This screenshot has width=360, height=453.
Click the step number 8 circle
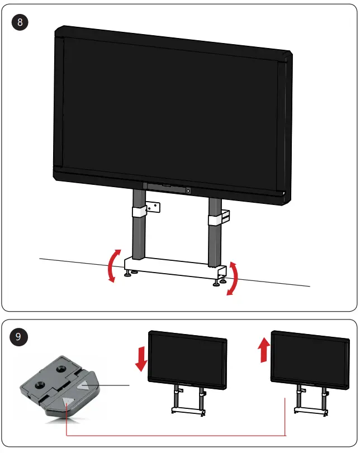point(21,23)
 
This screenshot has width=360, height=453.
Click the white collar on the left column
point(139,212)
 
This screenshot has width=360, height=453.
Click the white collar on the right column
point(215,218)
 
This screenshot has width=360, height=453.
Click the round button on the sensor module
point(188,190)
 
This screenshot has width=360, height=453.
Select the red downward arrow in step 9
point(141,359)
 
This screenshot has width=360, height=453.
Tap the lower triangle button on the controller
point(68,400)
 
